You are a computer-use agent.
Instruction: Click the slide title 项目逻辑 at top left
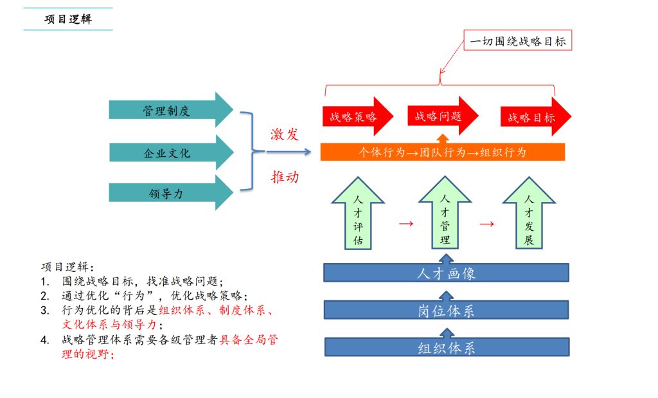tap(68, 19)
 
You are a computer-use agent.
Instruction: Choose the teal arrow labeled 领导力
tap(166, 193)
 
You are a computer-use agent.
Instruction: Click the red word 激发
tap(285, 134)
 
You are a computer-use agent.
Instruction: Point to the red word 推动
tap(285, 177)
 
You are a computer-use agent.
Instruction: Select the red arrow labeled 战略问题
tap(439, 116)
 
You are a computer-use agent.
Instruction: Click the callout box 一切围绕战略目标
tap(518, 42)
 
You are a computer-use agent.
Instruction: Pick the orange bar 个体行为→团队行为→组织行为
tap(443, 152)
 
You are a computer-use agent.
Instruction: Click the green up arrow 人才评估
tap(359, 215)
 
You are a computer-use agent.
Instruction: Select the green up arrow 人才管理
tap(445, 215)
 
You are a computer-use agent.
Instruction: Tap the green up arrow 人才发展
tap(529, 215)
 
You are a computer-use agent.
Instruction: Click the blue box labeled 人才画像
tap(447, 273)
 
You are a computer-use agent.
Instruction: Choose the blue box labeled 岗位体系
tap(447, 311)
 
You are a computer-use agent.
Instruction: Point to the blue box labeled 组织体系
tap(447, 348)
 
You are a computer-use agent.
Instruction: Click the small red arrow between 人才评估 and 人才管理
tap(405, 224)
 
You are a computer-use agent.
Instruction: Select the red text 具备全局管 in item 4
tap(249, 340)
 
